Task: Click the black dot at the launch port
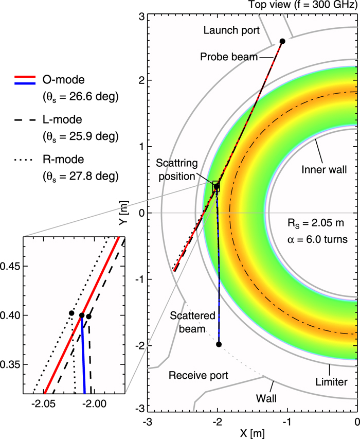tap(282, 41)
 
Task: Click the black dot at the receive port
tap(219, 344)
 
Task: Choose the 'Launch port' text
tap(226, 29)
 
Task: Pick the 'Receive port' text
tap(193, 375)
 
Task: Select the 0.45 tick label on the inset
tap(11, 267)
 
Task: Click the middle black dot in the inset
tap(82, 315)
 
